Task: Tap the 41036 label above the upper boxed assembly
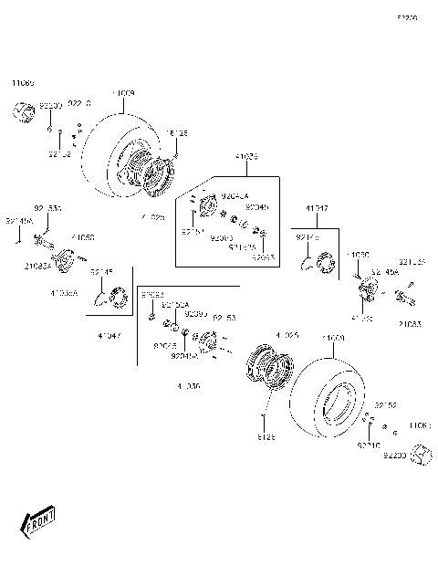click(x=220, y=156)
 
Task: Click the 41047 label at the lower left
click(x=109, y=336)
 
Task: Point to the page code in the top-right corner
click(x=406, y=17)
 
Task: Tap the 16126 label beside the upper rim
click(x=175, y=132)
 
